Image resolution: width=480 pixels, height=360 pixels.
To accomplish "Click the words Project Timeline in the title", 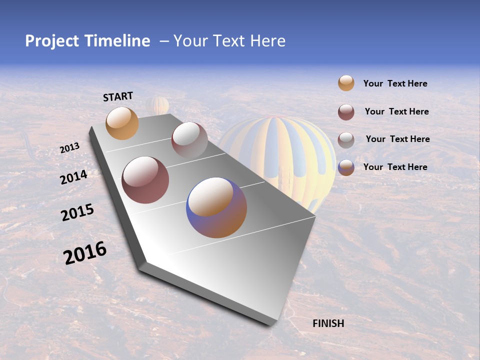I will [87, 41].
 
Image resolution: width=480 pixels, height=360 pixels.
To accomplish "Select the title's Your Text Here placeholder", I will [229, 41].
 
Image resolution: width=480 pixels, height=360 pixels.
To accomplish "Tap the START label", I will [118, 96].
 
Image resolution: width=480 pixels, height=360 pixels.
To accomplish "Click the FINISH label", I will [328, 323].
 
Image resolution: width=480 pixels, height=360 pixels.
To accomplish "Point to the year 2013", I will [69, 148].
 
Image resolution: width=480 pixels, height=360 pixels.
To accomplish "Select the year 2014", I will [73, 177].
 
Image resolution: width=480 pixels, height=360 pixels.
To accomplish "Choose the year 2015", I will [77, 212].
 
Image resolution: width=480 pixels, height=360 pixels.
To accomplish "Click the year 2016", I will [85, 253].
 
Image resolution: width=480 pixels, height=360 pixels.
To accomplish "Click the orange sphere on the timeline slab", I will [122, 123].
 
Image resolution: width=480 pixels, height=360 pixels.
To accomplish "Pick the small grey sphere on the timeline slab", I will [189, 139].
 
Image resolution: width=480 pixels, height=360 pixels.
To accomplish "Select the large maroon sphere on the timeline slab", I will [145, 180].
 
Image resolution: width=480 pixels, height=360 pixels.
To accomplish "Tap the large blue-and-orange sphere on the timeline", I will [216, 207].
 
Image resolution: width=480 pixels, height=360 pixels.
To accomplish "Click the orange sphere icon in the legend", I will [346, 83].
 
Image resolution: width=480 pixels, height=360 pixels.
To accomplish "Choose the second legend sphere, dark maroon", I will [346, 112].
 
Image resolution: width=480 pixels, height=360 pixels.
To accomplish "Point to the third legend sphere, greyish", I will [346, 140].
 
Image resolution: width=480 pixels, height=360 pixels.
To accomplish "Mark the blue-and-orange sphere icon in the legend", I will [346, 167].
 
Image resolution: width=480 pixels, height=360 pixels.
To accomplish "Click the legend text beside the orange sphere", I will [395, 83].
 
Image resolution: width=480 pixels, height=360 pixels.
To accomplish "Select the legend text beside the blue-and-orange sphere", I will [395, 167].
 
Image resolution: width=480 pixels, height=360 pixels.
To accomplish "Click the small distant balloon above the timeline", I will [158, 105].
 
